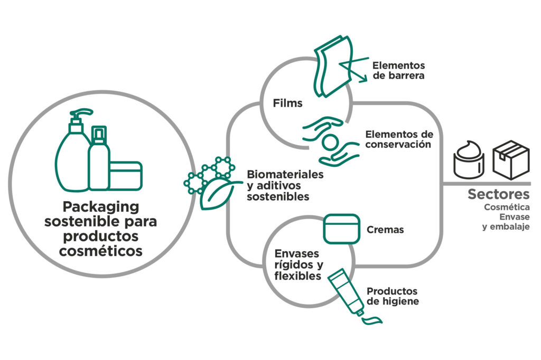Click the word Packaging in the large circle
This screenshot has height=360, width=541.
tap(101, 207)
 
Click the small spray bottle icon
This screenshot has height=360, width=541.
tap(99, 158)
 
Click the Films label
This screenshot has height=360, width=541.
tap(287, 103)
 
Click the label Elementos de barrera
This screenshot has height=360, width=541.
tap(398, 70)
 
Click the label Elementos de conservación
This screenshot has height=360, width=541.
tap(399, 139)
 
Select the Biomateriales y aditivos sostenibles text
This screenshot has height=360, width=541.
tap(285, 185)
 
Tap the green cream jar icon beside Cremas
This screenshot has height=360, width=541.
tap(342, 229)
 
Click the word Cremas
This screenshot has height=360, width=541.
tap(385, 230)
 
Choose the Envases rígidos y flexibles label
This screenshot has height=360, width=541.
tap(299, 265)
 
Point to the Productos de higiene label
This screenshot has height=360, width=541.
tap(393, 296)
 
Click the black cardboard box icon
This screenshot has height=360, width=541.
tap(511, 160)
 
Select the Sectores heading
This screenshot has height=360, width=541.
tap(498, 194)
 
